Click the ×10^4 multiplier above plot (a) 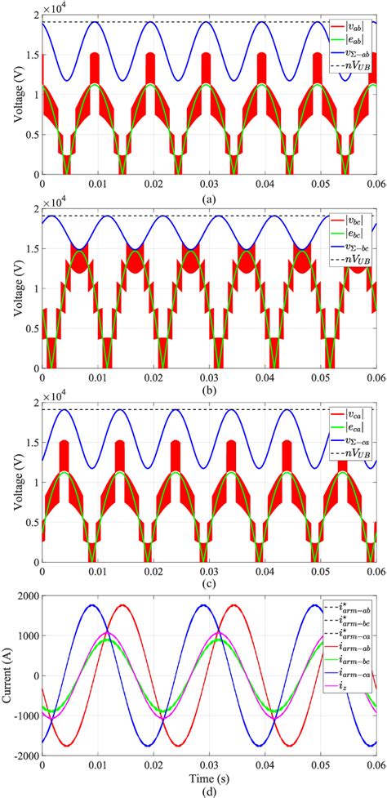59,9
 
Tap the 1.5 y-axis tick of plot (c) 31,444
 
